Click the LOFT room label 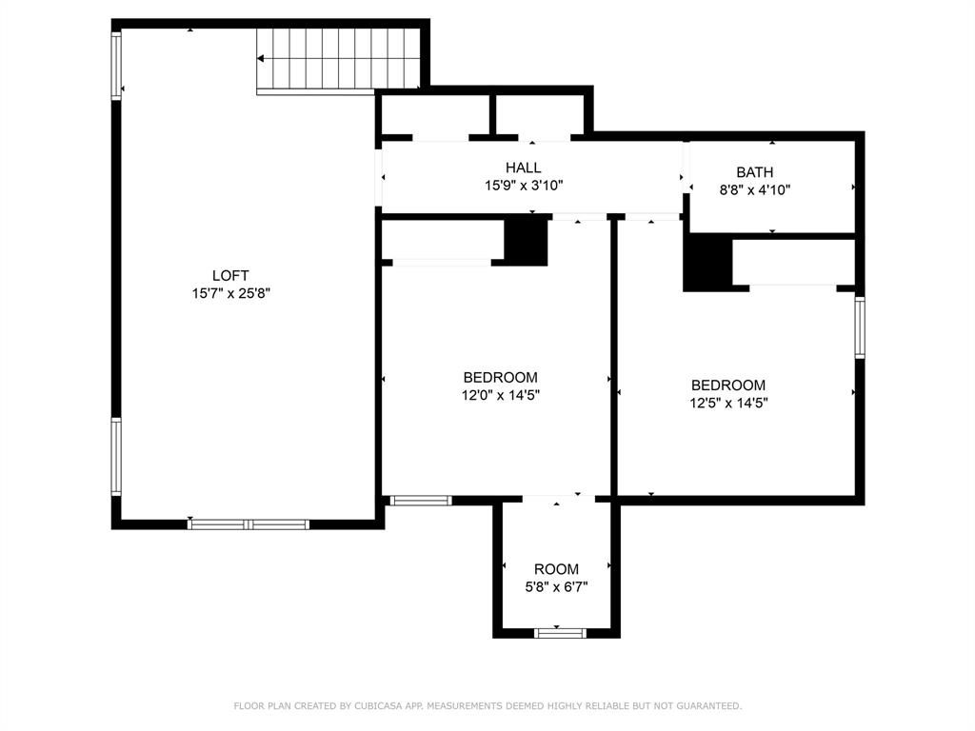click(x=231, y=276)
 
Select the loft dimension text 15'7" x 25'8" click(x=231, y=294)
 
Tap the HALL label click(x=523, y=168)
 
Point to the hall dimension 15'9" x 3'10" click(x=523, y=186)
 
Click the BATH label click(x=754, y=172)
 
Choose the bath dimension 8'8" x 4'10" click(x=754, y=189)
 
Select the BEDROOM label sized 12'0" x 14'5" click(x=500, y=378)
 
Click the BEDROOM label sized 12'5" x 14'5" click(x=728, y=385)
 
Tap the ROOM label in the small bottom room click(x=556, y=569)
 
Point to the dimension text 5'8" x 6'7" click(x=556, y=587)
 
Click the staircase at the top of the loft click(x=339, y=60)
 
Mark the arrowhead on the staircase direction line click(x=261, y=59)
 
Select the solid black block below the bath click(x=706, y=263)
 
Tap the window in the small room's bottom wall click(x=560, y=632)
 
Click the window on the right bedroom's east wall click(x=860, y=326)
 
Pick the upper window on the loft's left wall click(x=117, y=66)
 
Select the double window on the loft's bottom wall click(x=249, y=524)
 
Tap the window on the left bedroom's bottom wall click(x=420, y=500)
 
